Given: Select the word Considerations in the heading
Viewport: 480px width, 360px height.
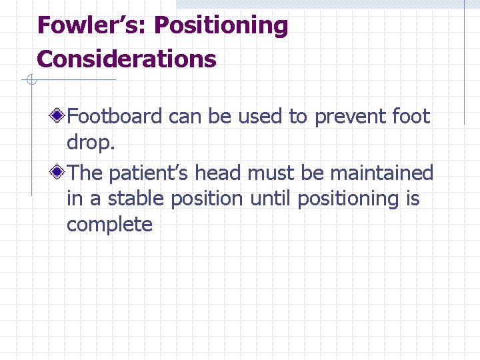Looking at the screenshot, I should click(x=127, y=59).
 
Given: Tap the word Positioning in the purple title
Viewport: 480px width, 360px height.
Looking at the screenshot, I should click(x=221, y=26).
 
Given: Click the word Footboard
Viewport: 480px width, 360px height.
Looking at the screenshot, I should click(x=115, y=117).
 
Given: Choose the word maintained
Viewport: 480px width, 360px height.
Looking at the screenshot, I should click(x=382, y=173).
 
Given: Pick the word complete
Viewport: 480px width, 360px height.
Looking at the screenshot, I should click(x=109, y=225).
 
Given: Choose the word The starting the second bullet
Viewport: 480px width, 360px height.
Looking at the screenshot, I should click(x=85, y=173).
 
